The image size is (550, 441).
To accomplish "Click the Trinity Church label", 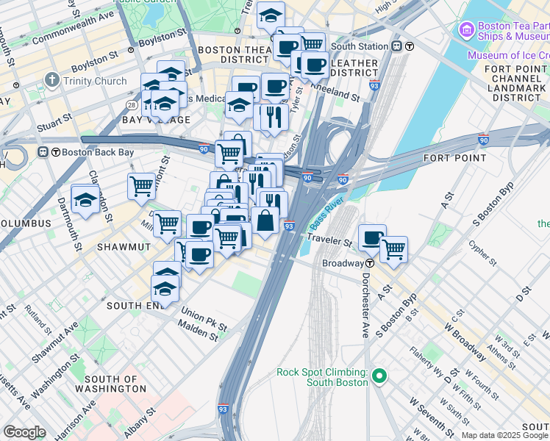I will [x=95, y=81].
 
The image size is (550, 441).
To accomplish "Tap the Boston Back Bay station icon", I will [x=43, y=152].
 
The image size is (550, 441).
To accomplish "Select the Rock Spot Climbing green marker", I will [x=379, y=376].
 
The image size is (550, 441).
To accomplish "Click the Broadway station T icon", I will [x=369, y=263].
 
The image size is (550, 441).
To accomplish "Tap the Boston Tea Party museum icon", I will [x=465, y=30].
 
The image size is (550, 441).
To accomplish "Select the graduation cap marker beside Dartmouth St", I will [x=85, y=199].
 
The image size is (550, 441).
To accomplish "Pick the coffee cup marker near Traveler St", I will [x=372, y=238].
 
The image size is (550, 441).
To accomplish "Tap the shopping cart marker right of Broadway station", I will [x=393, y=249].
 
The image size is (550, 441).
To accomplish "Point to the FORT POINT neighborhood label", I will [x=454, y=158].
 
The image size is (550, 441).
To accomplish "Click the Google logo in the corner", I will [x=24, y=432].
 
